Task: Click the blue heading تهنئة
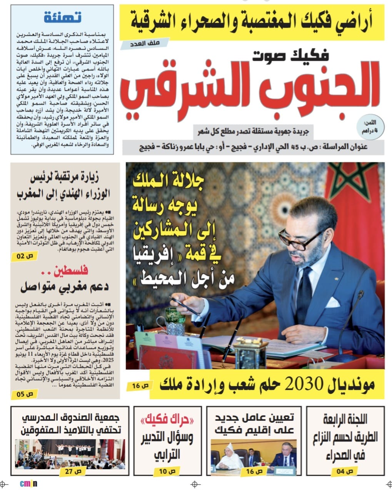pos(62,17)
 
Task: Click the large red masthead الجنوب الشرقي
pos(246,89)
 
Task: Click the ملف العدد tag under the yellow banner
pos(139,45)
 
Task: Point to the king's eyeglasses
pos(301,240)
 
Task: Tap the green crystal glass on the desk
pos(175,321)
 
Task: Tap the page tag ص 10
pos(167,471)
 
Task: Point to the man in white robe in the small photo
pos(229,457)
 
